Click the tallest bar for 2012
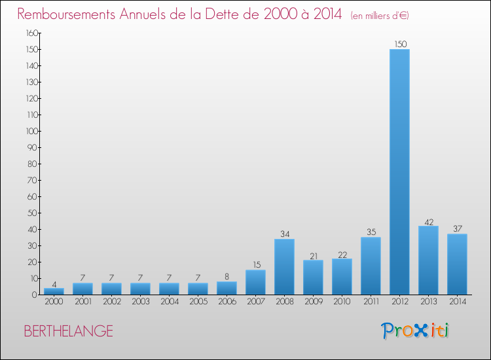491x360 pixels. pyautogui.click(x=399, y=171)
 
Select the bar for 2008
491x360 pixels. pyautogui.click(x=284, y=266)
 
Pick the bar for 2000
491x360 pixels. pyautogui.click(x=54, y=291)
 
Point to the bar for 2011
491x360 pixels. pyautogui.click(x=371, y=266)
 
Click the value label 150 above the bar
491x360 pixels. pyautogui.click(x=400, y=44)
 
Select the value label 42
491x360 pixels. pyautogui.click(x=429, y=221)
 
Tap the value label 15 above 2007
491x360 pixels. pyautogui.click(x=255, y=265)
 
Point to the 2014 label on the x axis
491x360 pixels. pyautogui.click(x=457, y=302)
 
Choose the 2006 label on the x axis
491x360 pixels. pyautogui.click(x=227, y=302)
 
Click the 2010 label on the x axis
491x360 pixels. pyautogui.click(x=342, y=302)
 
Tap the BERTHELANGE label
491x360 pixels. pyautogui.click(x=68, y=331)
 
